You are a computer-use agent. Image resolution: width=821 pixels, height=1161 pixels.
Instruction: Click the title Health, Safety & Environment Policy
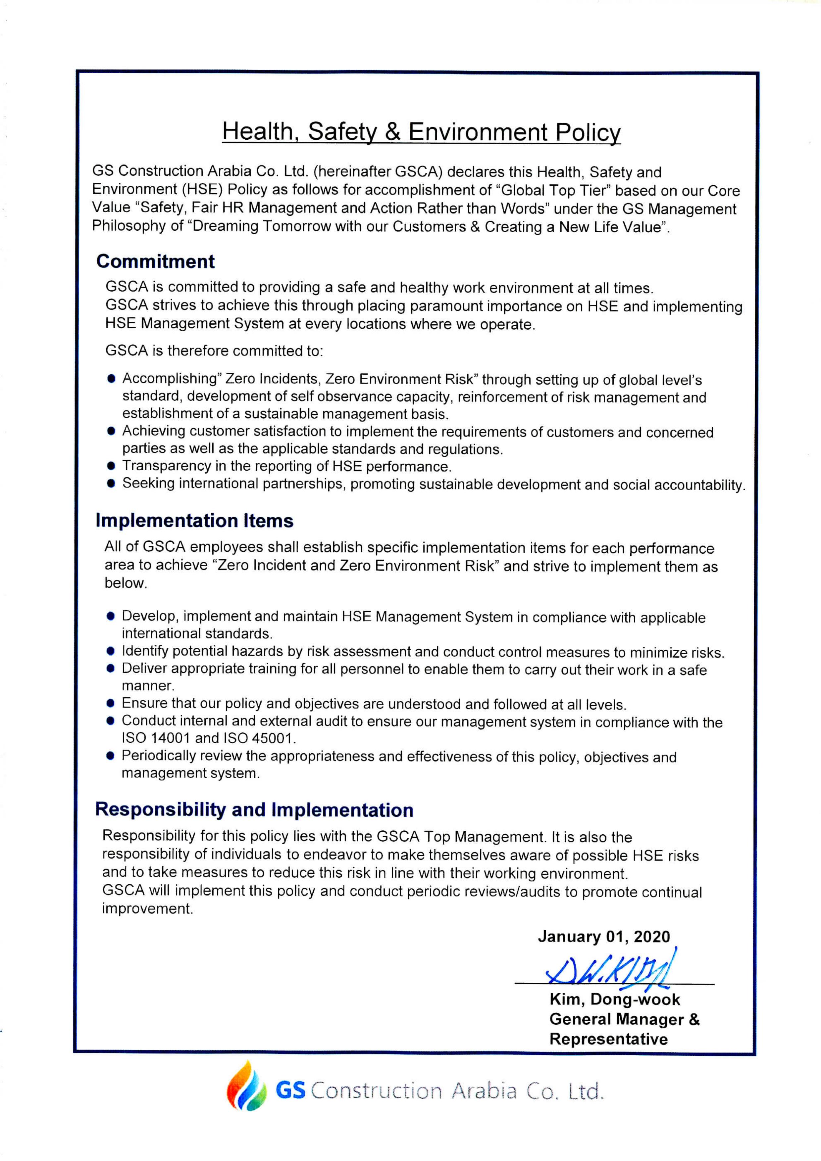421,132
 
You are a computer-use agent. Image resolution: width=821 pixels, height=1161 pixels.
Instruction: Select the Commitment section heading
155,261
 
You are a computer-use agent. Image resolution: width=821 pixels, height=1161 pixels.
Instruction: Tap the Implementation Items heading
194,520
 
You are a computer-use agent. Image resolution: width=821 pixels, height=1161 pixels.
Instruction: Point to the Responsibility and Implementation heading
254,810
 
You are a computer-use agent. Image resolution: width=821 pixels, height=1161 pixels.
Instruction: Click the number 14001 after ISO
170,738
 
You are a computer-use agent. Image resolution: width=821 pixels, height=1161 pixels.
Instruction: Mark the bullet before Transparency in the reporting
111,466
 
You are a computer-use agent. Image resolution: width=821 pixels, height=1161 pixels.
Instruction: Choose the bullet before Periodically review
111,756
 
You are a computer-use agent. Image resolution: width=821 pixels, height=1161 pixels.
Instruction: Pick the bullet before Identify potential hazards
111,651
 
